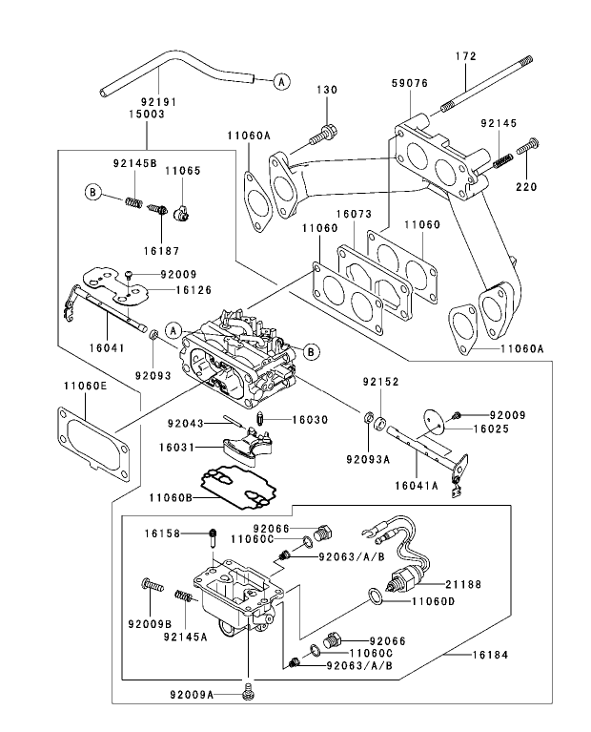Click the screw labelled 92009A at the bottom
coord(249,687)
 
